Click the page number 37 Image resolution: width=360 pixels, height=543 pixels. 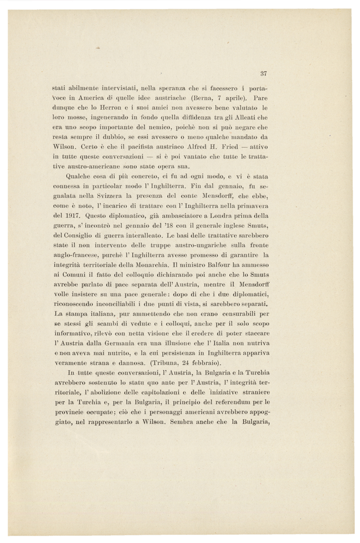264,74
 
